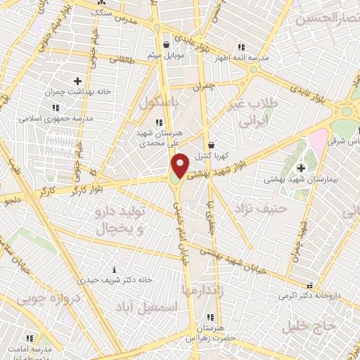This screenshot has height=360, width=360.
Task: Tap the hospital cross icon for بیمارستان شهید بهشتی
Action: coord(302,168)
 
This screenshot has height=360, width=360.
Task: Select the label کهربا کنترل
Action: coord(212,155)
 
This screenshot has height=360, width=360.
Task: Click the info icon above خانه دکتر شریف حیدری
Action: coord(115,269)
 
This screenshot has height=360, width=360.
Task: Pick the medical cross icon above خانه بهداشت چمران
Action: coord(77,82)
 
